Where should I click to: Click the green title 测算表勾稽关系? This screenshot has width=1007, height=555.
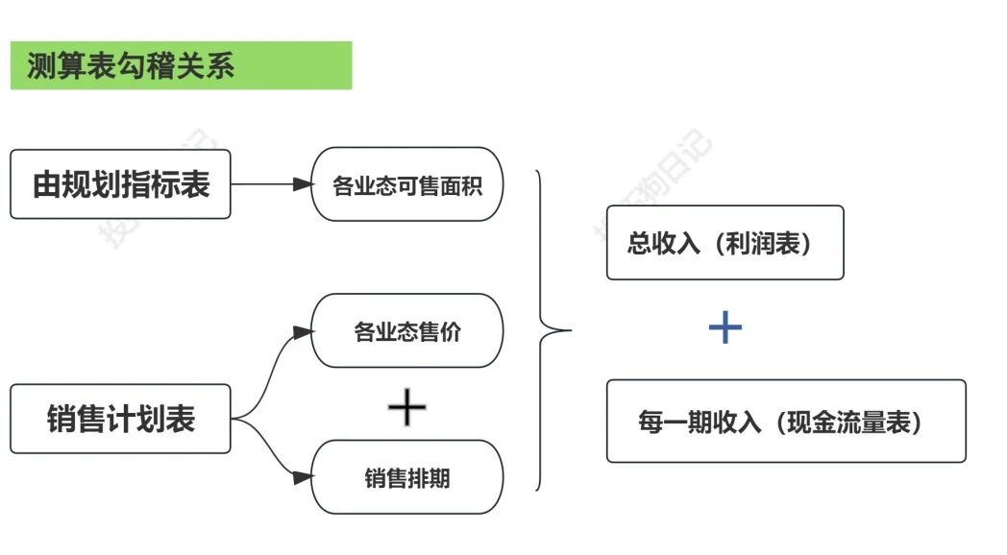(131, 66)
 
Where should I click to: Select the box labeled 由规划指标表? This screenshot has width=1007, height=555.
(120, 183)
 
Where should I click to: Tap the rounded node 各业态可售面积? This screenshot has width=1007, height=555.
(406, 184)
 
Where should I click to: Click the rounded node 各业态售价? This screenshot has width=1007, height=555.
(406, 331)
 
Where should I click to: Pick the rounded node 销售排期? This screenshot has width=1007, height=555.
(406, 477)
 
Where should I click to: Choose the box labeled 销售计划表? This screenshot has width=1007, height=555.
(120, 419)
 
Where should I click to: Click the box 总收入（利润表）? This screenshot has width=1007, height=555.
(725, 243)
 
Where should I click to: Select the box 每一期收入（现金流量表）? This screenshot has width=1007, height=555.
(785, 421)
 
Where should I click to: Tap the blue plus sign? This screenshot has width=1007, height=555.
(725, 328)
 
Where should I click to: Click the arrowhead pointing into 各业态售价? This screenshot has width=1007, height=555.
(303, 332)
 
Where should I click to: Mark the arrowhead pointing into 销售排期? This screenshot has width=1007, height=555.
(303, 476)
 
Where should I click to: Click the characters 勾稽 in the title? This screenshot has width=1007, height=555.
(148, 66)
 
